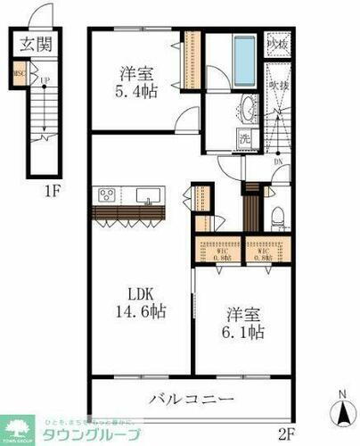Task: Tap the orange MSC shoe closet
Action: coord(17,76)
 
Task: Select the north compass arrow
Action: coord(341,412)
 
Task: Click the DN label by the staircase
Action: coord(278,162)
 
